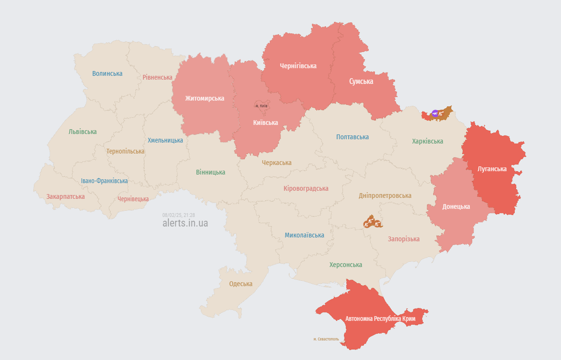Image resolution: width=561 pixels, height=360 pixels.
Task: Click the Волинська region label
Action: point(107,73)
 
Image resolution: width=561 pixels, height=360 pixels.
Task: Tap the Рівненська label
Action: point(157,77)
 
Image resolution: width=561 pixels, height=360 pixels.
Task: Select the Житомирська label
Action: point(205,98)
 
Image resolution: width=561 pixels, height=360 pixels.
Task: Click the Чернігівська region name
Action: point(298,66)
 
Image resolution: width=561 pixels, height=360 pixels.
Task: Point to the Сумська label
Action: point(361,82)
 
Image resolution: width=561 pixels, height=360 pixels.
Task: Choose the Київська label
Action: point(265,123)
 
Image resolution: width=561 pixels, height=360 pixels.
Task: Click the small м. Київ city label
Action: point(261,105)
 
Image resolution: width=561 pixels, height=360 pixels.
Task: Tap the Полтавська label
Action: point(352,137)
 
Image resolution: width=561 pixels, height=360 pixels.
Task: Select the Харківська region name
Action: point(427,141)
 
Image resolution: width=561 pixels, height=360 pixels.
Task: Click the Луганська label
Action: point(492,169)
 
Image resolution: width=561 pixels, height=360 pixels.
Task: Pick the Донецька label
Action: point(456,206)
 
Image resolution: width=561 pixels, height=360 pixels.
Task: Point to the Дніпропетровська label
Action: point(385,195)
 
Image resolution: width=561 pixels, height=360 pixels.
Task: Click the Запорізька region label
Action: point(404,239)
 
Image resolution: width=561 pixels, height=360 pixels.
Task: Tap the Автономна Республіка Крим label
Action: point(380,318)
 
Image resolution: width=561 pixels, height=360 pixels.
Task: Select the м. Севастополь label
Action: point(326,339)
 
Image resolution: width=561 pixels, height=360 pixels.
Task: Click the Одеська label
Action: point(241,284)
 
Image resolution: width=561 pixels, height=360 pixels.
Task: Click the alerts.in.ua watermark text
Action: point(185,223)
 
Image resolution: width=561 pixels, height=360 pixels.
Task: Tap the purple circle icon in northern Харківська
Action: point(435,113)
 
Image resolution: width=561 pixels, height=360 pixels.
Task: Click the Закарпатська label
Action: point(65,196)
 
